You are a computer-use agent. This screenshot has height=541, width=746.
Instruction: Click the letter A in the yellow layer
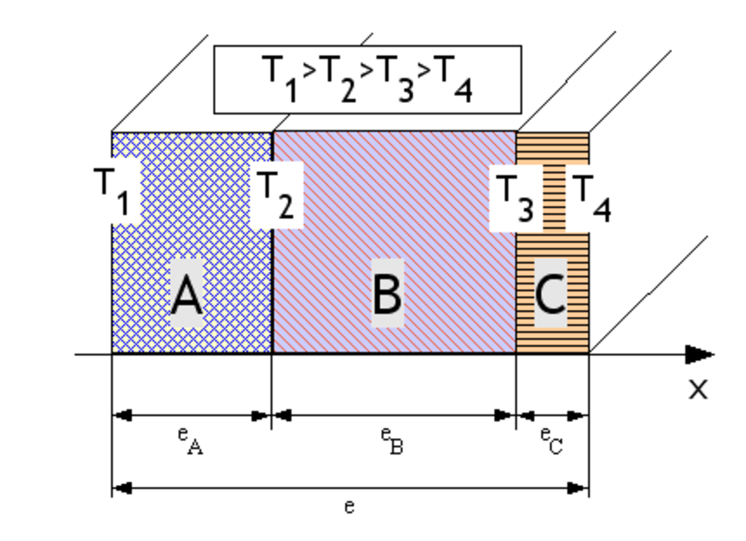186,296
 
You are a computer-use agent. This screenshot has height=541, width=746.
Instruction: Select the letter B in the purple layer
387,295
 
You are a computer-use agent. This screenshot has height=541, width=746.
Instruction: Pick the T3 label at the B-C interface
515,198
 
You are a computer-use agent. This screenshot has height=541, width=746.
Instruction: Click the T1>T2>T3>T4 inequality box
367,80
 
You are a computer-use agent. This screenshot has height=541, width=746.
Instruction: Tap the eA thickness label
190,441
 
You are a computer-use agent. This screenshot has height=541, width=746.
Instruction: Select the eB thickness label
392,441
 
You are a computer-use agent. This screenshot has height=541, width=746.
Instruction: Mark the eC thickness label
551,441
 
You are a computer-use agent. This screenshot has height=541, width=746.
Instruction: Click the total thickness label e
349,507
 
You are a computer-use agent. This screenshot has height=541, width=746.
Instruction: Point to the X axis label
698,389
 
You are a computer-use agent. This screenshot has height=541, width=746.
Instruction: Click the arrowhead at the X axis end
699,355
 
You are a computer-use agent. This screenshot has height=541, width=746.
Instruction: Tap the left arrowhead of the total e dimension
122,488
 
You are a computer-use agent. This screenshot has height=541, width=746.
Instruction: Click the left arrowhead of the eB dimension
282,416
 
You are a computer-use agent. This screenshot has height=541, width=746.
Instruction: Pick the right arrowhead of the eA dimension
261,416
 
